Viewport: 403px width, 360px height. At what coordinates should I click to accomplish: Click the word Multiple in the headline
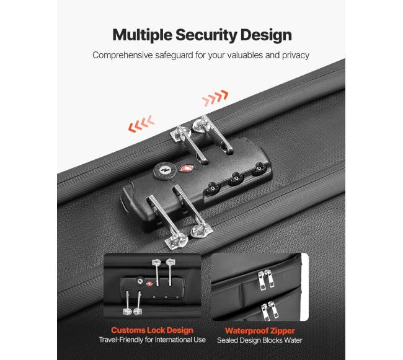[142, 35]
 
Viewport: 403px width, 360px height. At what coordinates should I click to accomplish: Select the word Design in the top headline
[266, 35]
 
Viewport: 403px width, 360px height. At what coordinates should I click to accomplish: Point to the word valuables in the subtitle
[245, 55]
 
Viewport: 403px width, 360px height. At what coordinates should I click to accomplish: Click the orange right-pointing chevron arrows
[215, 98]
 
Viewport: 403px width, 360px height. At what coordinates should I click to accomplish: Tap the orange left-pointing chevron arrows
[141, 124]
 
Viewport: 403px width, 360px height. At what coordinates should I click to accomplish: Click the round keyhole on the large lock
[165, 170]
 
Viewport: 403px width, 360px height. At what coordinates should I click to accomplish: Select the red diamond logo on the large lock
[187, 169]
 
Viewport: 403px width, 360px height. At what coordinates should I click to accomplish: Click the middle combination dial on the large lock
[236, 178]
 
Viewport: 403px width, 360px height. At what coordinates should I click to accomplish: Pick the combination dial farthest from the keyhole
[259, 168]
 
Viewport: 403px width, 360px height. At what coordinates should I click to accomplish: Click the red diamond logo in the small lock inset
[149, 284]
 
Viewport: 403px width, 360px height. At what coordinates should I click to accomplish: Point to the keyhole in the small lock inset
[140, 281]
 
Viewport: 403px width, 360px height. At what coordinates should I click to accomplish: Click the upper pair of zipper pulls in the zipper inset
[266, 279]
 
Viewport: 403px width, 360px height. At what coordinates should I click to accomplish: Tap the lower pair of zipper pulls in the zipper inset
[269, 310]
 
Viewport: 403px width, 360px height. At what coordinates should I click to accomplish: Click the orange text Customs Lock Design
[152, 330]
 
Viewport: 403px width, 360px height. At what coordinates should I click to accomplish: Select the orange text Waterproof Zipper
[260, 331]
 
